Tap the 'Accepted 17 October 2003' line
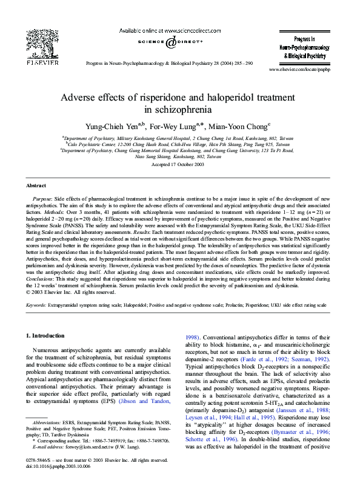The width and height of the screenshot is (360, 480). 180,164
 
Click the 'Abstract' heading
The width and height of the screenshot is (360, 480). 36,185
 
